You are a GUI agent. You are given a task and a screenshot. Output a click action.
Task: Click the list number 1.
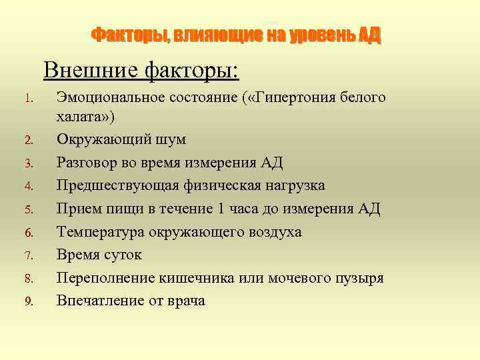[27, 99]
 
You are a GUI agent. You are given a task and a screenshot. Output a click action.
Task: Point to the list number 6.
[28, 233]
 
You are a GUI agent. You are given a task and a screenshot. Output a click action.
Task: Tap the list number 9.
[28, 301]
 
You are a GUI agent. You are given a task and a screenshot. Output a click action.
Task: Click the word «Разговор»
[87, 163]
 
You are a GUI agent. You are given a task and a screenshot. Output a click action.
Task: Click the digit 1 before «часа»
[222, 209]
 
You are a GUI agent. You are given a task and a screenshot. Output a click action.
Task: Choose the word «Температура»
[99, 231]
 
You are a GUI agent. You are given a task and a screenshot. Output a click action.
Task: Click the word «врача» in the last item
[186, 301]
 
